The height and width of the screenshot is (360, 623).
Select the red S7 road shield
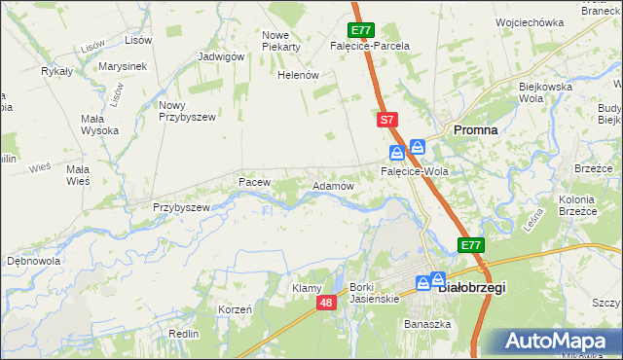click(387, 120)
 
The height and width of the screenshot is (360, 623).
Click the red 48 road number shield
click(326, 304)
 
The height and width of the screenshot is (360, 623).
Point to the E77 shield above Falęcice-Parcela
click(358, 30)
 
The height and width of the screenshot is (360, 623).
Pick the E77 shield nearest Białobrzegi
click(471, 245)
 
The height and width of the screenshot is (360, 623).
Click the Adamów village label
click(331, 185)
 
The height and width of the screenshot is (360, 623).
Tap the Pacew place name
click(254, 182)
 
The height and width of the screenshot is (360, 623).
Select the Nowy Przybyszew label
click(185, 110)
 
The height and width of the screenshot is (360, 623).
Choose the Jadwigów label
click(220, 56)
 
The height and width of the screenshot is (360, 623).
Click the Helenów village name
click(299, 75)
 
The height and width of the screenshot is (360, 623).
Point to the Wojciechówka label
click(529, 21)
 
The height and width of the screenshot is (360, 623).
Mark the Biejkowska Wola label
click(543, 92)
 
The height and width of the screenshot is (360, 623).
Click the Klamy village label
click(307, 288)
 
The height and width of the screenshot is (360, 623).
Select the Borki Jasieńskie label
click(375, 293)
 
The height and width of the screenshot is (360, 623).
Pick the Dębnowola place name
click(34, 262)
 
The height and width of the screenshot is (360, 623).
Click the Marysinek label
click(122, 66)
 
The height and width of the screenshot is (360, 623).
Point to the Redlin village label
click(184, 334)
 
